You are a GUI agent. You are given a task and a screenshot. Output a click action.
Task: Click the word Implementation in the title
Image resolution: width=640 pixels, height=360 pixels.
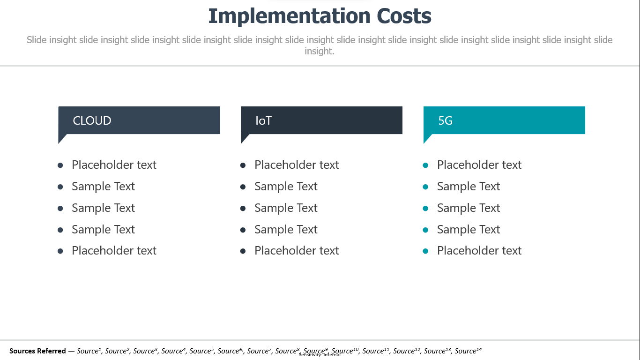point(290,16)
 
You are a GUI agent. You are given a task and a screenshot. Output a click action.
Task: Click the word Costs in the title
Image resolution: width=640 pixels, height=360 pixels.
point(404,16)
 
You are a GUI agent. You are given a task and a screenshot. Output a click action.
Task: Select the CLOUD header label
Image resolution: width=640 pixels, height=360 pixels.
point(92,120)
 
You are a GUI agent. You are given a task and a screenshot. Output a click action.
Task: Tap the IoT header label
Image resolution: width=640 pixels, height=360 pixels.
point(263,120)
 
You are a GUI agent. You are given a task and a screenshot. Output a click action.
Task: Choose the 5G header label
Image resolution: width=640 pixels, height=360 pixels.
point(446,120)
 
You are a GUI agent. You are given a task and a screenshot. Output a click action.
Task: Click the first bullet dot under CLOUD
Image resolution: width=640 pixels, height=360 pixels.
point(60,165)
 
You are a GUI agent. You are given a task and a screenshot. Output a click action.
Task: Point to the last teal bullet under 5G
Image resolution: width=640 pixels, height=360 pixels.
point(425,251)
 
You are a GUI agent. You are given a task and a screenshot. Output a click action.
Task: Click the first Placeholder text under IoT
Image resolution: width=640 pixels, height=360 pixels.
point(297,165)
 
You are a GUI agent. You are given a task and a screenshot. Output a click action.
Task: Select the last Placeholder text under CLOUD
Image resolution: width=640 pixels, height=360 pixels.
point(114,251)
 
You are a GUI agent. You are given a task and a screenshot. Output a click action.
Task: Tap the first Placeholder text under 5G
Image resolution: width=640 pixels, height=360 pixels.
point(479,165)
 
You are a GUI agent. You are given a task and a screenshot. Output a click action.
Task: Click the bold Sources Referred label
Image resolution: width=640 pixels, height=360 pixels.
point(37,351)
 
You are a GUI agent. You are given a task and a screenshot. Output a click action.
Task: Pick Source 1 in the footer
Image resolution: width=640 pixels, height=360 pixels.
point(89,351)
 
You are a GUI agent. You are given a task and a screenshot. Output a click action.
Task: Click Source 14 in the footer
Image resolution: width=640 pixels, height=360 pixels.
point(468,351)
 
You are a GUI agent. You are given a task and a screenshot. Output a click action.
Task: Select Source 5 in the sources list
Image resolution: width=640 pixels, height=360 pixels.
point(201,351)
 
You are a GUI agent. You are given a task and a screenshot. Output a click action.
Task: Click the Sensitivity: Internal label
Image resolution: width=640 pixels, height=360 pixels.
point(320,355)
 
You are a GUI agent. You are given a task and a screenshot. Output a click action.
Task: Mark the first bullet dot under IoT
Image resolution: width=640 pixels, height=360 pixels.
point(243,165)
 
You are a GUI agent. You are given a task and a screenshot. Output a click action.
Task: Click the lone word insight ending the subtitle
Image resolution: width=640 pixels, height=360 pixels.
point(319,52)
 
